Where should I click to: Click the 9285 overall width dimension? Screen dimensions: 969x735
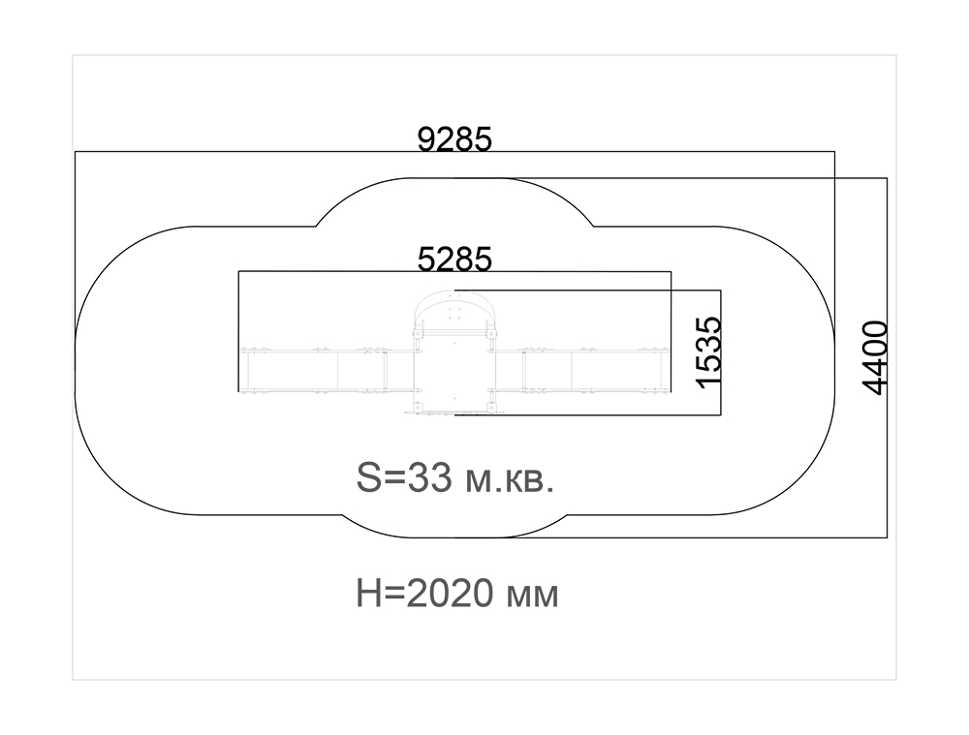click(x=454, y=139)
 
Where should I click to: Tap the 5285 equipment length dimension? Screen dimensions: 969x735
click(x=454, y=259)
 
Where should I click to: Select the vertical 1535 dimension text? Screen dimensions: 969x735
click(x=707, y=352)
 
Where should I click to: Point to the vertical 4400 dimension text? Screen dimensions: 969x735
click(x=874, y=357)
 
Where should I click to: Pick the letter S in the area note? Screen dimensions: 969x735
click(x=369, y=478)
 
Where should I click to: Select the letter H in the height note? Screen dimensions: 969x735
click(x=367, y=593)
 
